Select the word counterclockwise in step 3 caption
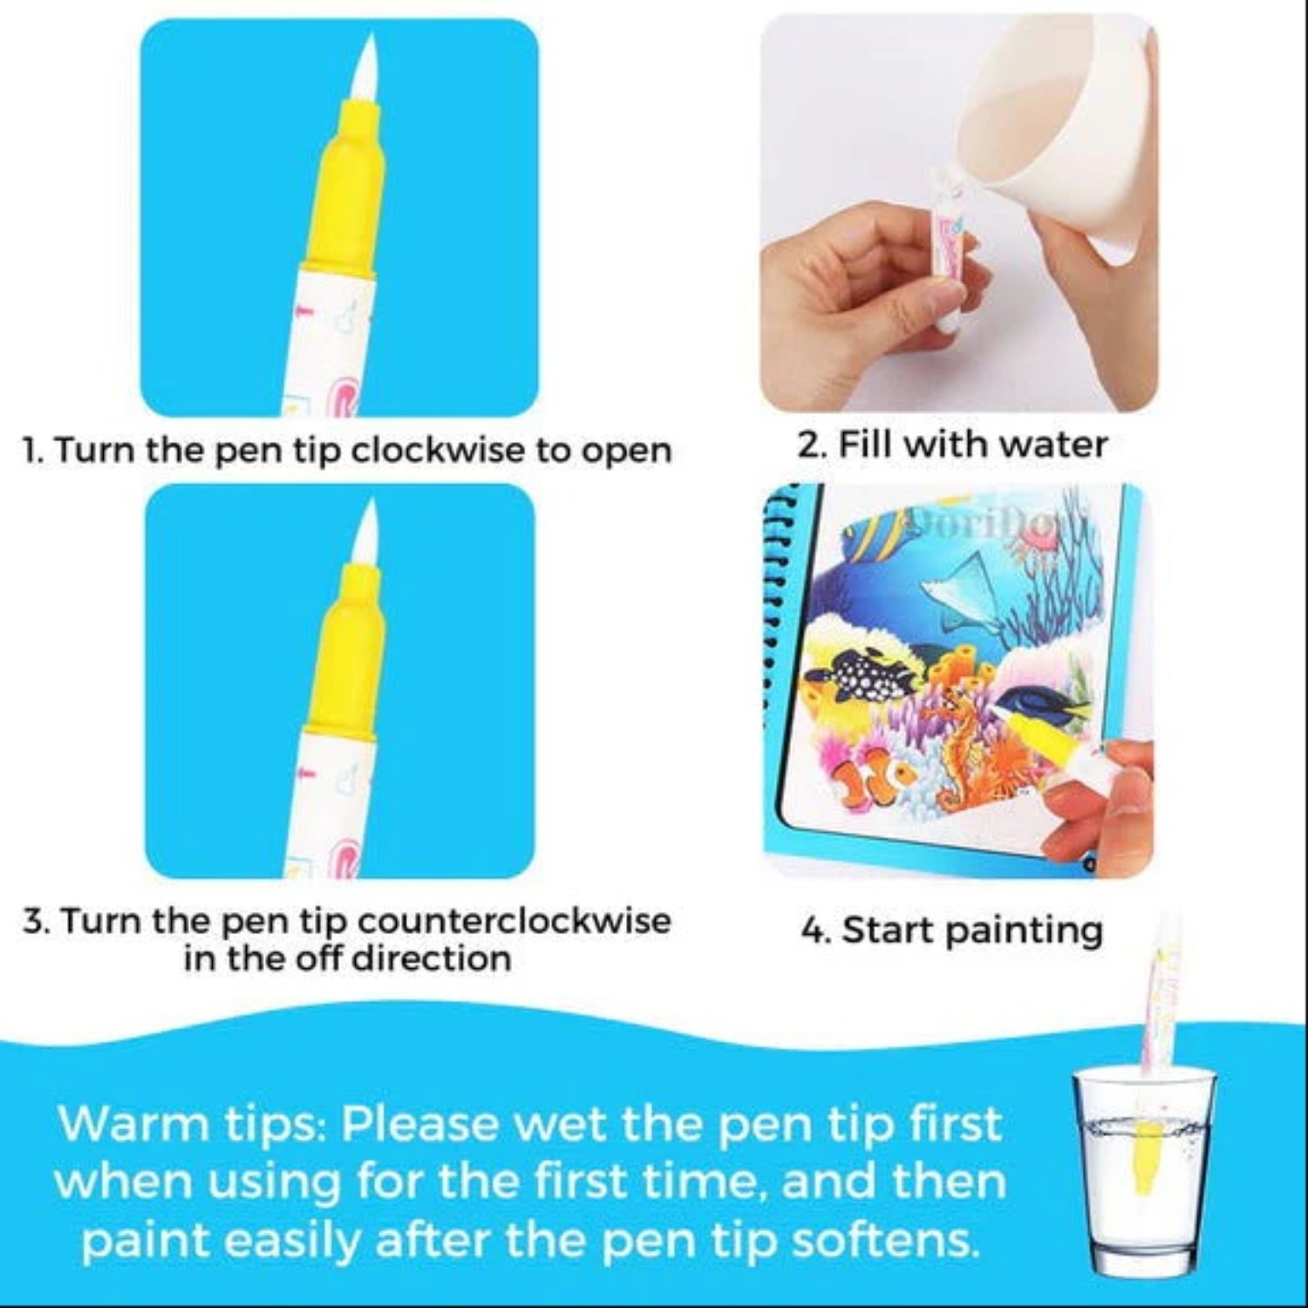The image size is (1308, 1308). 514,921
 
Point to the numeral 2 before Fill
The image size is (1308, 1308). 807,446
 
